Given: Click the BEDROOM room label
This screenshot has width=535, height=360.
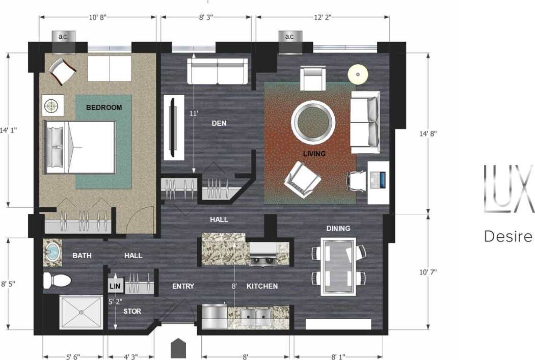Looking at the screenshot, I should click(104, 107).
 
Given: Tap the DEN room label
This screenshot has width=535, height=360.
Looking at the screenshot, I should click(219, 123).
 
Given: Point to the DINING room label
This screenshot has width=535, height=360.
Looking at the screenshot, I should click(338, 229).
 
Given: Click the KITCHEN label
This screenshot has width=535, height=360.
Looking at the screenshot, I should click(262, 286).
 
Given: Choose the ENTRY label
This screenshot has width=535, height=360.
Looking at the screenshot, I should click(183, 286).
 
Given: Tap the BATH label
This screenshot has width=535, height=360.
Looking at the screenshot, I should click(82, 255).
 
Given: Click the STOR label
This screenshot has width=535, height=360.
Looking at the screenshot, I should click(132, 311).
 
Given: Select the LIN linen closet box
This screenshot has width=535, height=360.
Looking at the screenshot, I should click(114, 287).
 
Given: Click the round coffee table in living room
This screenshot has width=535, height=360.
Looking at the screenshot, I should click(313, 123).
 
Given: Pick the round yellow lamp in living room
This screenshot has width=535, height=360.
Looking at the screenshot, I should click(358, 74).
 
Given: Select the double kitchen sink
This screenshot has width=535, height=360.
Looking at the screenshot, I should click(256, 317).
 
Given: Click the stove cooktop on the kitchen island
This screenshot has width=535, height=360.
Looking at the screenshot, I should click(262, 261).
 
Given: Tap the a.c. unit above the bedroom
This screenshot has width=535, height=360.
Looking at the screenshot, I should click(64, 37).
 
